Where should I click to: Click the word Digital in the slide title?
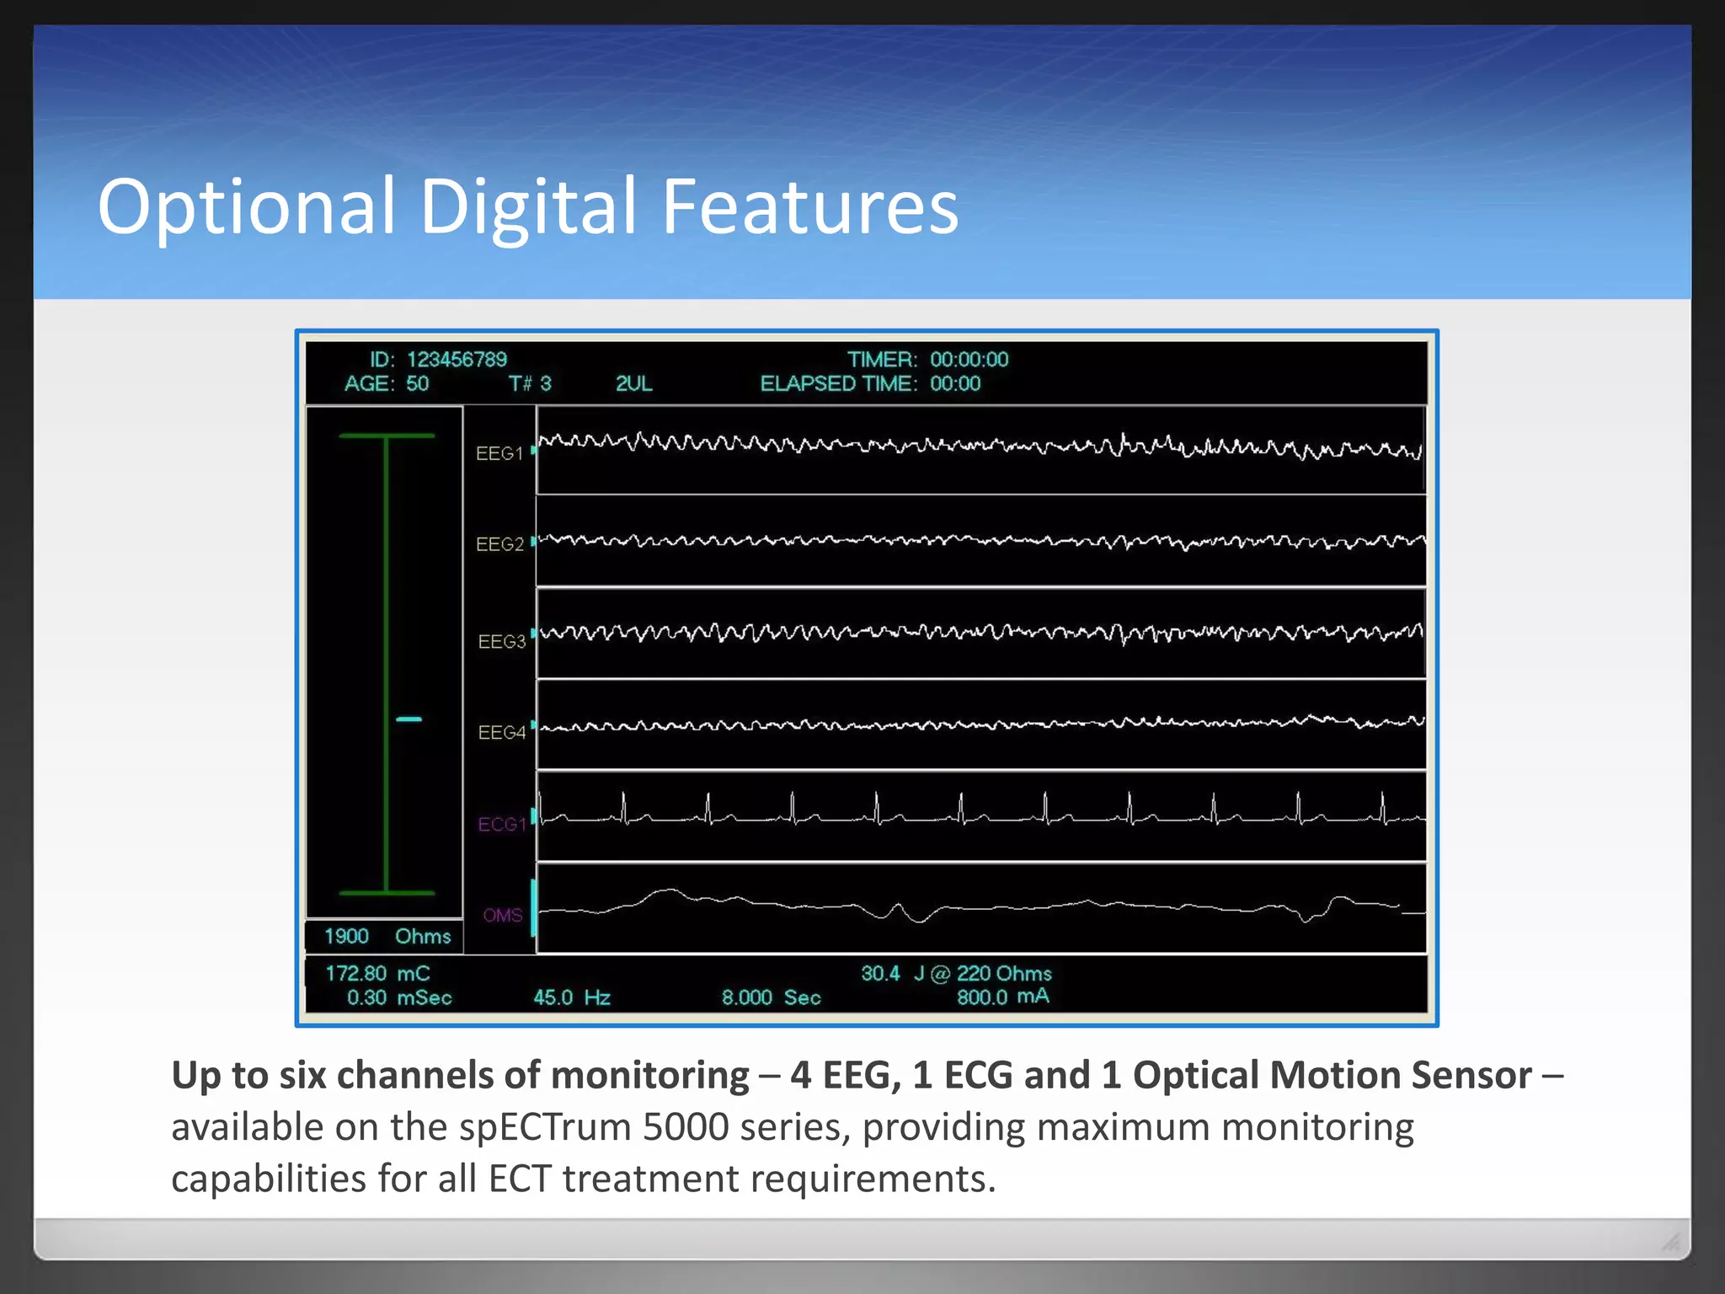528,207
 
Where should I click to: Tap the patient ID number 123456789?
457,360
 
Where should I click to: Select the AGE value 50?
417,384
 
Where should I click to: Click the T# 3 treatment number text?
530,384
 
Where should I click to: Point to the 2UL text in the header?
633,384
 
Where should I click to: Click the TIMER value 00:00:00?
969,360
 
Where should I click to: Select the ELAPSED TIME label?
838,384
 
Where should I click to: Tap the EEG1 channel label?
499,454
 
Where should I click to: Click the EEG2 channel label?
499,545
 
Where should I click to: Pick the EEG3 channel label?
501,642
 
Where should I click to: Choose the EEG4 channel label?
501,733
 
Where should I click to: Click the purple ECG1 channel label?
501,825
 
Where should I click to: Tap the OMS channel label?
503,916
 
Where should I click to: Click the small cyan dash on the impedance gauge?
409,719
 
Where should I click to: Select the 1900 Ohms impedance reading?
387,937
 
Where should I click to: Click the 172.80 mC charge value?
377,974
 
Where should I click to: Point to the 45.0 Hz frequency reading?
572,998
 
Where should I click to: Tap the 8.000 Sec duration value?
771,998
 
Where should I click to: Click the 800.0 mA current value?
1002,997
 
